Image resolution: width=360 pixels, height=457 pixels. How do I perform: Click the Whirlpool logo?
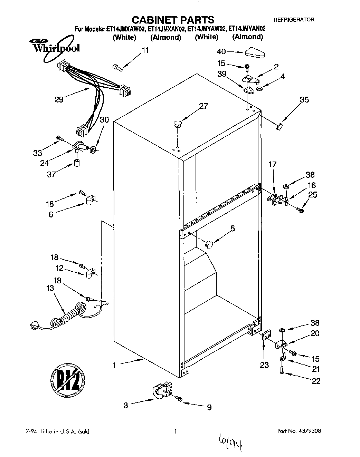(x=56, y=47)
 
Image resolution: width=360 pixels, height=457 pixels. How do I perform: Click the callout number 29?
(x=59, y=100)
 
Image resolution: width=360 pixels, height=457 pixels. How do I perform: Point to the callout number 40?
(x=221, y=51)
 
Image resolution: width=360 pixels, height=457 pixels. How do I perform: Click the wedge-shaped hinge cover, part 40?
(x=254, y=53)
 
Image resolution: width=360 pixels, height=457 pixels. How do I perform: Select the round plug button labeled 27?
(x=178, y=124)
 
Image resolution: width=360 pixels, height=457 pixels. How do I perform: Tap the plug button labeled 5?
(x=209, y=244)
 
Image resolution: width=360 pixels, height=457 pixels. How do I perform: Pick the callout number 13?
(x=50, y=288)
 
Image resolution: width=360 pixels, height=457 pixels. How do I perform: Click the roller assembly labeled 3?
(x=161, y=392)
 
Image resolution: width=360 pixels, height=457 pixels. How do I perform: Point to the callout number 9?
(x=209, y=408)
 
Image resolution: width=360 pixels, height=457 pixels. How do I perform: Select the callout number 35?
(x=304, y=100)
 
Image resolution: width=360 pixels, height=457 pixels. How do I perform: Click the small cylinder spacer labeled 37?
(x=77, y=163)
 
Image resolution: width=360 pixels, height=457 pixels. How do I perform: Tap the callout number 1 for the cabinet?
(x=114, y=365)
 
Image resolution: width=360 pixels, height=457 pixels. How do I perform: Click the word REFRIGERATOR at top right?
(x=294, y=20)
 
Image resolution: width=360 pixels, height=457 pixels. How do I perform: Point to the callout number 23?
(x=264, y=365)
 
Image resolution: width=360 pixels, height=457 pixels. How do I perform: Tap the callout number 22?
(x=316, y=381)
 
